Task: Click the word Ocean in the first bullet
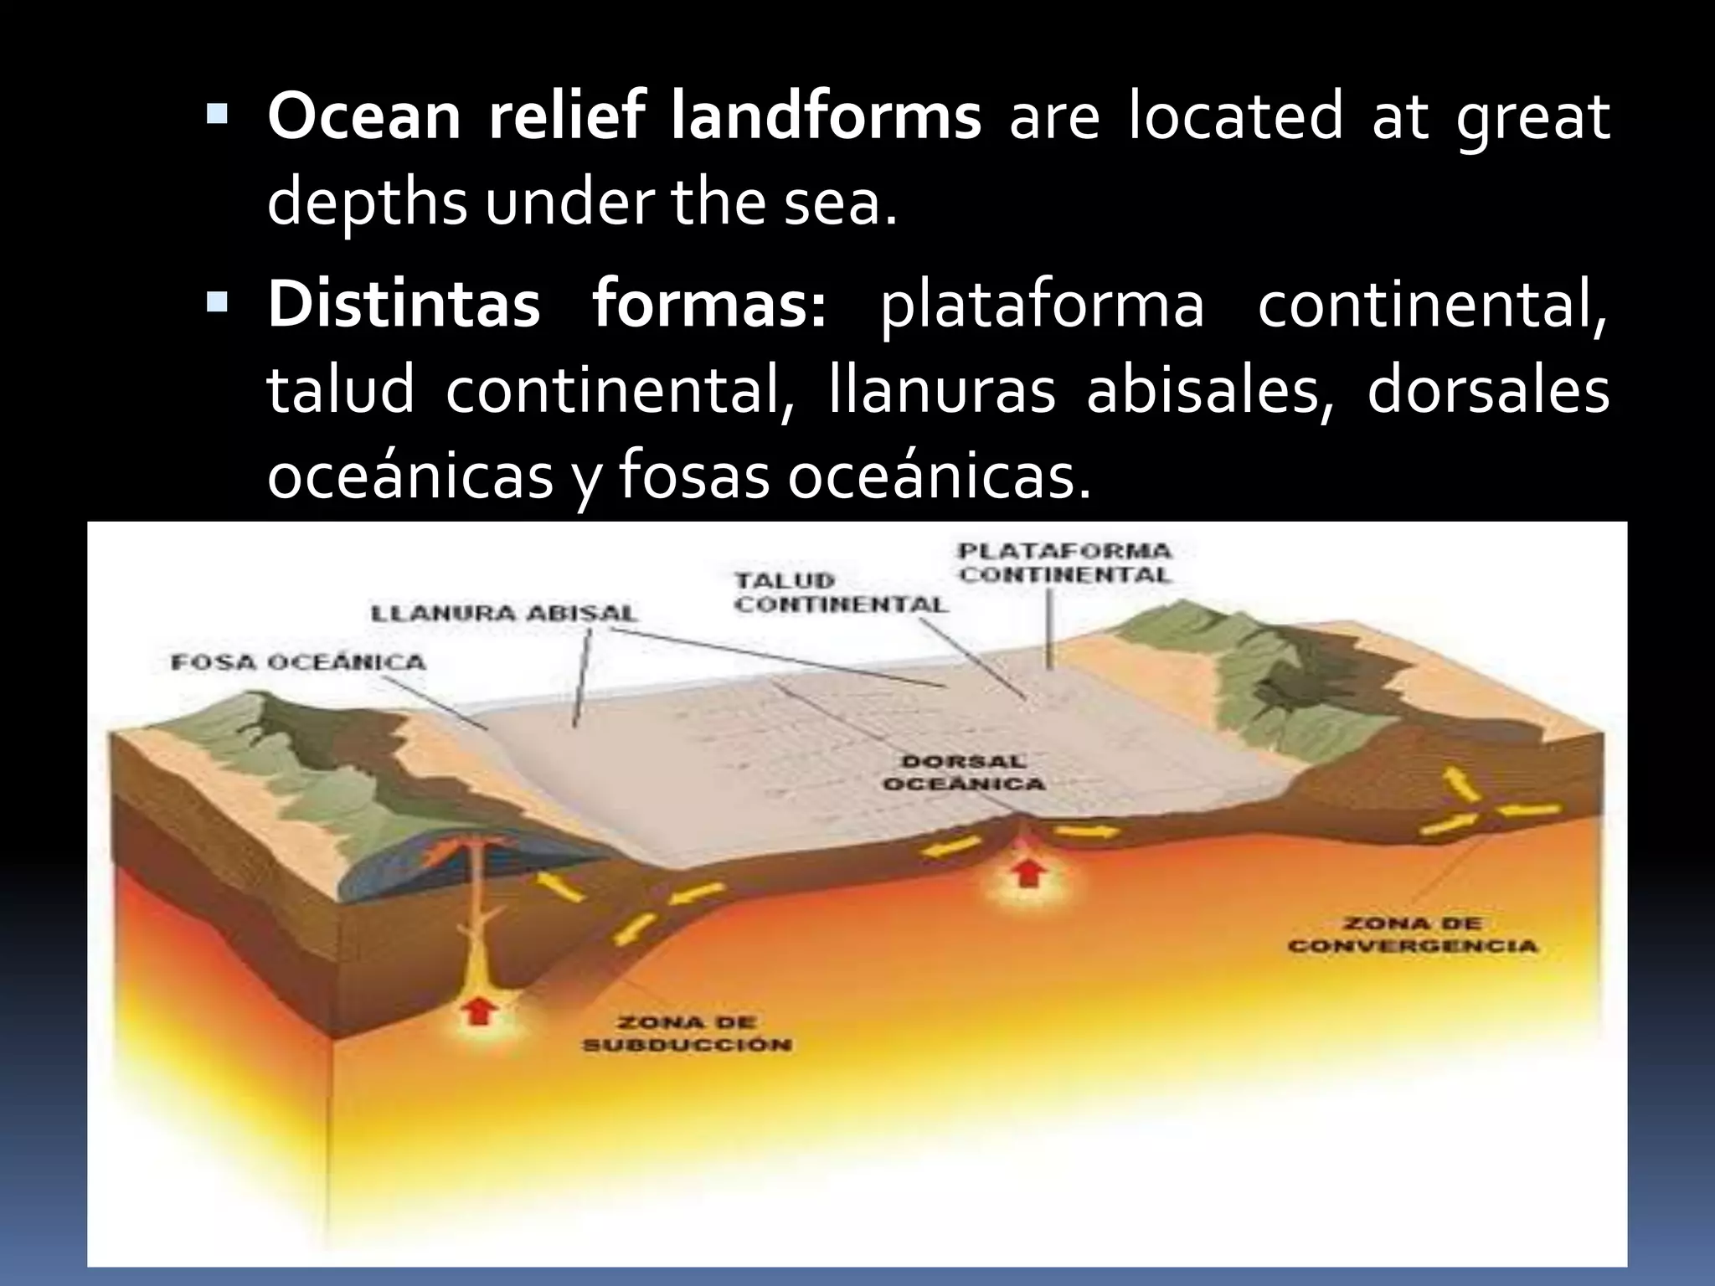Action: coord(364,117)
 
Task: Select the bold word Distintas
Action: coord(404,305)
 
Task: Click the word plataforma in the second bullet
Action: coord(1042,306)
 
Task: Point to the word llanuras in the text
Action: coord(942,391)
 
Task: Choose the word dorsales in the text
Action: coord(1488,391)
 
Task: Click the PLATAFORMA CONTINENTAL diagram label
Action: coord(1065,563)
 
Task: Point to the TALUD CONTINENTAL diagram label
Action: coord(840,592)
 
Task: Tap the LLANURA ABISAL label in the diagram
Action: coord(504,613)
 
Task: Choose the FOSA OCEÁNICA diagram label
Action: coord(298,662)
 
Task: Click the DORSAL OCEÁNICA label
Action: coord(964,773)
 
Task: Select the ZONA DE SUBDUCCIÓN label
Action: coord(687,1033)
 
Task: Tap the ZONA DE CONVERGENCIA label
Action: coord(1413,935)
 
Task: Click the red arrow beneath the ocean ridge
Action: coord(1027,873)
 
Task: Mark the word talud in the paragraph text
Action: coord(341,391)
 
